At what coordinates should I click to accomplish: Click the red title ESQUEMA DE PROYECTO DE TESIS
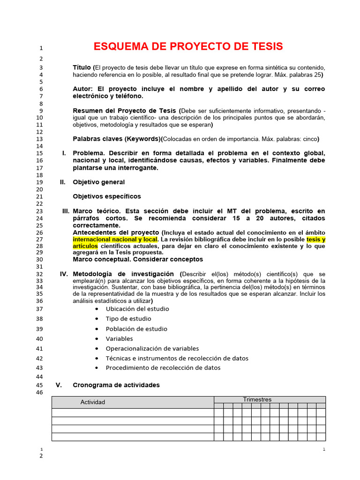pyautogui.click(x=188, y=46)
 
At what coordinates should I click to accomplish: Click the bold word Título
pyautogui.click(x=82, y=67)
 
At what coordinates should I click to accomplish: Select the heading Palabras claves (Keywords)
pyautogui.click(x=117, y=139)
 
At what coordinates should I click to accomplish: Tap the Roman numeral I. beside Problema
pyautogui.click(x=64, y=153)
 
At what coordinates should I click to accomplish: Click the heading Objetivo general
pyautogui.click(x=99, y=182)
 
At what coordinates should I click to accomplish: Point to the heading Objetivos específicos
pyautogui.click(x=107, y=196)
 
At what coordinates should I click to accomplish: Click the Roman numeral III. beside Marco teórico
pyautogui.click(x=66, y=211)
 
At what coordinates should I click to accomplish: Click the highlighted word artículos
pyautogui.click(x=85, y=245)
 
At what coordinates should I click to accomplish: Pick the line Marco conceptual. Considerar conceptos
pyautogui.click(x=138, y=259)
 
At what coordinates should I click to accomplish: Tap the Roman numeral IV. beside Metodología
pyautogui.click(x=64, y=274)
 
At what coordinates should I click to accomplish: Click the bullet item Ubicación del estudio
pyautogui.click(x=137, y=309)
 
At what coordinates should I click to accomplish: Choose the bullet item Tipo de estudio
pyautogui.click(x=128, y=319)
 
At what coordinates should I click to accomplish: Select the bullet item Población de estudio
pyautogui.click(x=136, y=329)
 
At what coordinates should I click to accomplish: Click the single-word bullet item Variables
pyautogui.click(x=120, y=338)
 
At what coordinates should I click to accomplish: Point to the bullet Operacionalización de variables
pyautogui.click(x=152, y=348)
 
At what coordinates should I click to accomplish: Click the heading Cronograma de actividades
pyautogui.click(x=116, y=385)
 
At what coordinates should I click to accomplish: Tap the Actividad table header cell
pyautogui.click(x=93, y=402)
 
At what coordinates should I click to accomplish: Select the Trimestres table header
pyautogui.click(x=257, y=399)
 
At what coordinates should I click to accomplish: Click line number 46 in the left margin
pyautogui.click(x=39, y=392)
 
